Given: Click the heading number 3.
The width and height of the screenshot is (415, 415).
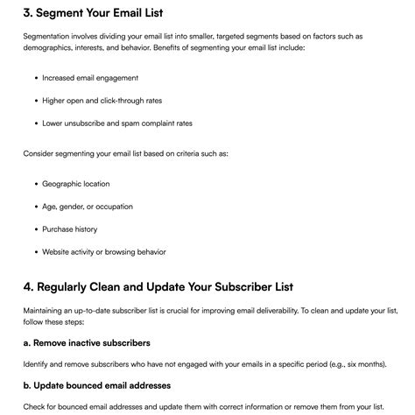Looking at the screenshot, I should pyautogui.click(x=29, y=12).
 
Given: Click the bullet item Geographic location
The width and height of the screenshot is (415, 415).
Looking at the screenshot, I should pyautogui.click(x=76, y=184).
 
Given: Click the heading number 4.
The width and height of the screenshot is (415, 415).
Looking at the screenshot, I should pyautogui.click(x=29, y=287).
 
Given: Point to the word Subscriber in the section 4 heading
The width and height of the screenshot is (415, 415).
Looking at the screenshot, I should pyautogui.click(x=240, y=287).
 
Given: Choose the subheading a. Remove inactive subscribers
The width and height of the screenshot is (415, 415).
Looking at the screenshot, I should pyautogui.click(x=87, y=342).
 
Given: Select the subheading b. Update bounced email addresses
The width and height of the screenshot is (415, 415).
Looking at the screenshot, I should pyautogui.click(x=96, y=384).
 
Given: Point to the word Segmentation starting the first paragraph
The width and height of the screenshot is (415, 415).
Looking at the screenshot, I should pyautogui.click(x=52, y=36).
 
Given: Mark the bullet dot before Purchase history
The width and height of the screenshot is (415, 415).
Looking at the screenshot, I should pyautogui.click(x=36, y=229).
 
